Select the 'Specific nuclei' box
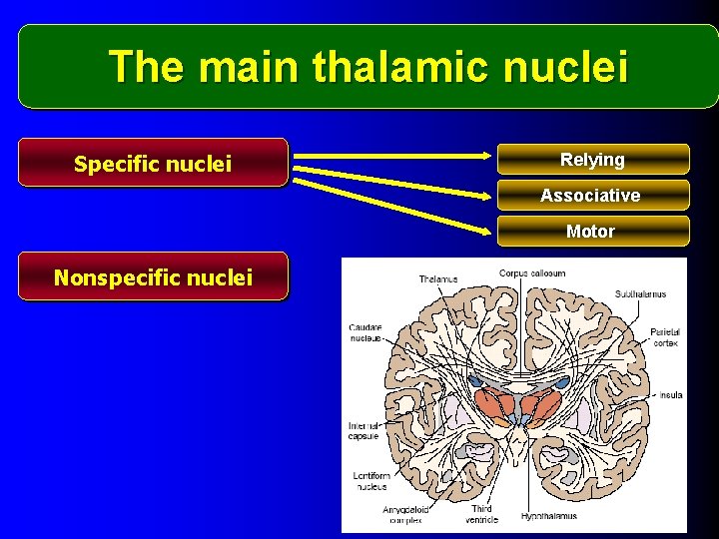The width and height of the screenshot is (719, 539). [x=153, y=163]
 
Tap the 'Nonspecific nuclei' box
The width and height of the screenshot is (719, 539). [x=153, y=276]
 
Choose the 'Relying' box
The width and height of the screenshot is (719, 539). [x=592, y=160]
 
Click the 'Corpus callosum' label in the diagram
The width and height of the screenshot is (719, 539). [x=532, y=272]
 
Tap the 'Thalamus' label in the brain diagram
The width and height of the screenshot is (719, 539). [x=438, y=279]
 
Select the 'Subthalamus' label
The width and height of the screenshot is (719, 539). [x=640, y=294]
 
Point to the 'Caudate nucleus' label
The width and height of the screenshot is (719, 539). [x=365, y=333]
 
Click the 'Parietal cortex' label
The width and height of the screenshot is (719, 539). [x=664, y=336]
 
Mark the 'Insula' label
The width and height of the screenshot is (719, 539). [x=670, y=395]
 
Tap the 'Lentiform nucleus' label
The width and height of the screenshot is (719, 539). [x=370, y=481]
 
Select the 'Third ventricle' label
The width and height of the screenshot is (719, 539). [x=482, y=514]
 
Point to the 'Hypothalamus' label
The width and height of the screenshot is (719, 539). [x=549, y=516]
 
